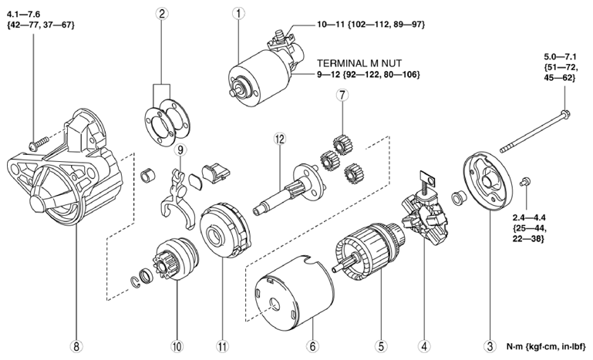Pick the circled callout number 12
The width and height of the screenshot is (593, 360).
click(x=278, y=139)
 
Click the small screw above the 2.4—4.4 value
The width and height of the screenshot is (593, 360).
click(x=527, y=182)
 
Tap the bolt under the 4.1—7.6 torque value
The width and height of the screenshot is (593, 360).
click(x=35, y=143)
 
